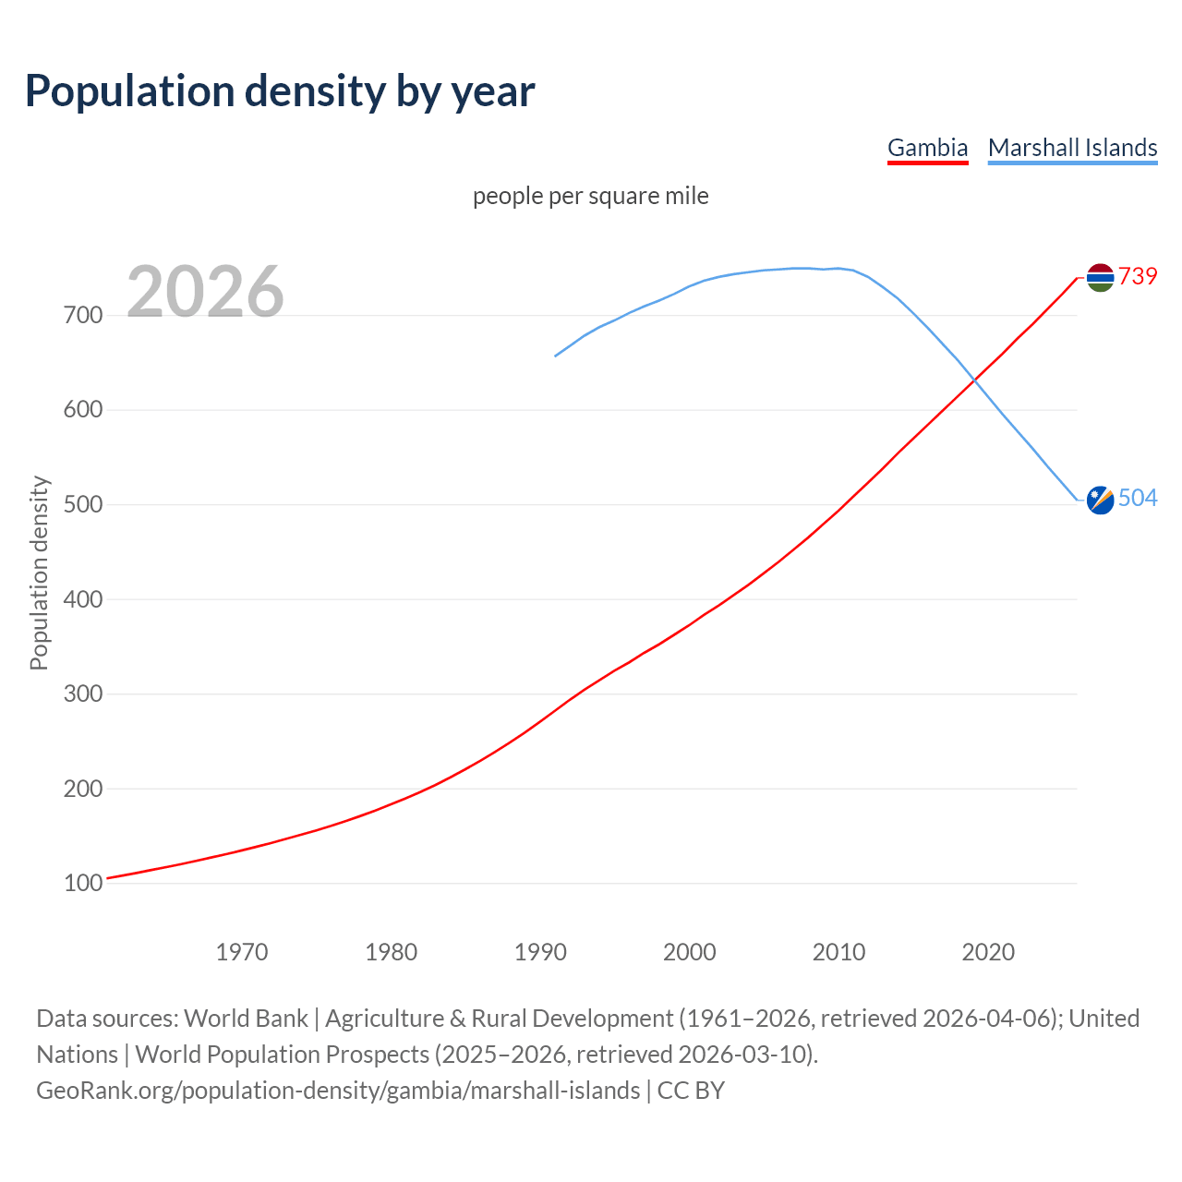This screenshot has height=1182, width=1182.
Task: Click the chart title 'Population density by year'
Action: coord(280,91)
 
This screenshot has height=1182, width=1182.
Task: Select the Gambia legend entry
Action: coord(927,148)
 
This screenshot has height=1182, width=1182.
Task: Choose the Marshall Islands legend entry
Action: coord(1072,148)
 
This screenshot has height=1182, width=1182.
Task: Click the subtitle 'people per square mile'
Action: coord(590,197)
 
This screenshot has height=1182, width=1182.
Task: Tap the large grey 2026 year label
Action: coord(205,292)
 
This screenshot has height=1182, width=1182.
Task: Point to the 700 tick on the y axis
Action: coord(83,316)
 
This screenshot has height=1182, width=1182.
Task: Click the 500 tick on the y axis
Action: coord(83,505)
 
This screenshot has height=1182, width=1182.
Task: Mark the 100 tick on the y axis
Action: coord(83,884)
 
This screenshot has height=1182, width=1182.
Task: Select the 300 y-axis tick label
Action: coord(83,694)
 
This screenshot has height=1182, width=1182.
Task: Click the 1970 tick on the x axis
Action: coord(242,952)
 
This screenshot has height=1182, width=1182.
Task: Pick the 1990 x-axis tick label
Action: coord(540,952)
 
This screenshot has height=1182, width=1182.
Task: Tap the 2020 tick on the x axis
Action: coord(988,952)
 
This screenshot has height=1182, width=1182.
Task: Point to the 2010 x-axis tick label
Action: coord(838,952)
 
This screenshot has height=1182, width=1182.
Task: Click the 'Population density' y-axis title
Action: coord(39,573)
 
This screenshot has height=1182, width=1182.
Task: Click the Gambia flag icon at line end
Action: coord(1100,277)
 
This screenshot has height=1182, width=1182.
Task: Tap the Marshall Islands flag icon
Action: coord(1100,500)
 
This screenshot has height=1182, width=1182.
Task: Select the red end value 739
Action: coord(1138,276)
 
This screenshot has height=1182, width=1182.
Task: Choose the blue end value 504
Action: coord(1138,499)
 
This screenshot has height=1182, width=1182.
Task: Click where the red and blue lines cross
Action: coord(973,379)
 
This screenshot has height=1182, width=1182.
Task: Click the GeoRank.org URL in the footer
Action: coord(338,1091)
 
